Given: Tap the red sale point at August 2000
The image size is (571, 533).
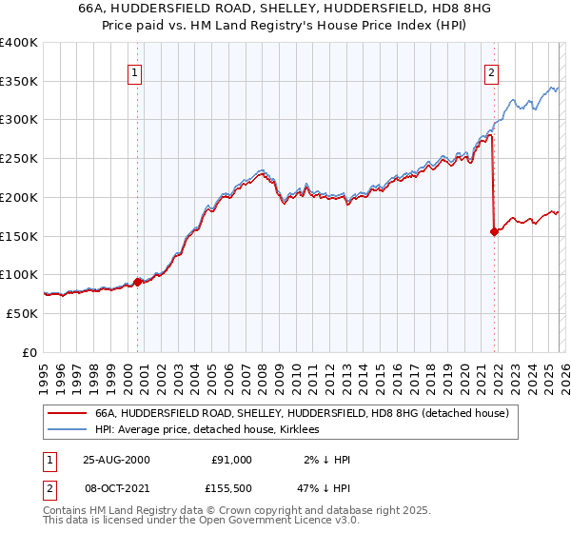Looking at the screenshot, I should [138, 281].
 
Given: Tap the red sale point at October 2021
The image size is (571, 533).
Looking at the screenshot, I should [494, 230].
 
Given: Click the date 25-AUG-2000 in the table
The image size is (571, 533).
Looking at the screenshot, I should [116, 459].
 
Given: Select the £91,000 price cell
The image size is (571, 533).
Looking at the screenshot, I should [231, 459].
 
